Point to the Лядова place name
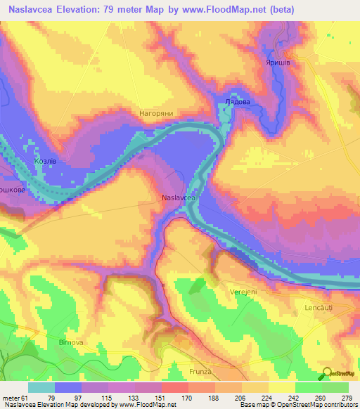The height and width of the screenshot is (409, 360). (237, 102)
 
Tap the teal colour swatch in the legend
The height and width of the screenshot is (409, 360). (41, 388)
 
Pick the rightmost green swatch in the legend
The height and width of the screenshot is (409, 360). (335, 388)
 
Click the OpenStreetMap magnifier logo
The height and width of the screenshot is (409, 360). (327, 374)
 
